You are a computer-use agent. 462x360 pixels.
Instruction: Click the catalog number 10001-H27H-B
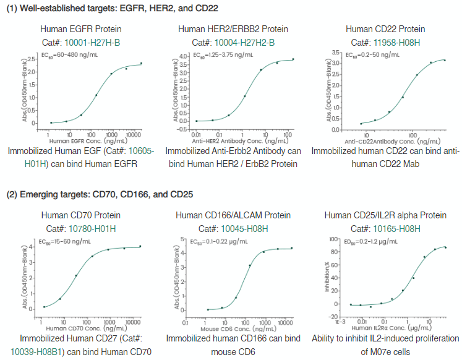95,42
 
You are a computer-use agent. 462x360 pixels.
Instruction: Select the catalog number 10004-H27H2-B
244,42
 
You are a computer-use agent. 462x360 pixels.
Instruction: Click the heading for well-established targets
112,7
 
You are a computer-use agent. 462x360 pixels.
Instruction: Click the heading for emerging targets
100,194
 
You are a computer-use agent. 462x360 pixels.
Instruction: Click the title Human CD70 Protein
80,216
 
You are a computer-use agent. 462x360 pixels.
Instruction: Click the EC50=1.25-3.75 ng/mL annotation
222,55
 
